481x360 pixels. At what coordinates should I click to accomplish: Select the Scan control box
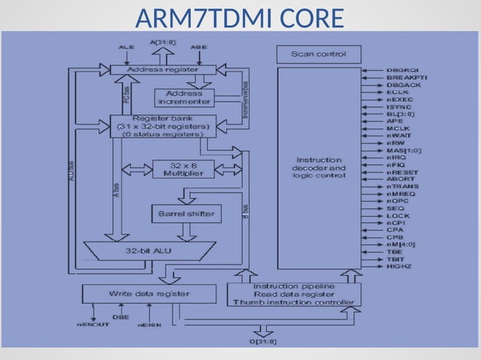pyautogui.click(x=319, y=54)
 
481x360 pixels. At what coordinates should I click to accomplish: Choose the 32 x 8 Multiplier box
pyautogui.click(x=183, y=169)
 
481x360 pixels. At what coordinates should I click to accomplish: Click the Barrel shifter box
pyautogui.click(x=185, y=214)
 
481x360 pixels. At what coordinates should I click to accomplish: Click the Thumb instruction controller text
pyautogui.click(x=294, y=303)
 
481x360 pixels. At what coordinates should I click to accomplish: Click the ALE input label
pyautogui.click(x=127, y=47)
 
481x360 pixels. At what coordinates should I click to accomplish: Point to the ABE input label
pyautogui.click(x=199, y=47)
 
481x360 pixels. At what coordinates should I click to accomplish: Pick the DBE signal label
pyautogui.click(x=121, y=317)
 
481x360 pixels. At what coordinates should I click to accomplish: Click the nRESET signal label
pyautogui.click(x=403, y=172)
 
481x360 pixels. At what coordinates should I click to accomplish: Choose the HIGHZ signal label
pyautogui.click(x=399, y=266)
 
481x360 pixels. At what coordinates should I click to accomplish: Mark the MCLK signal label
pyautogui.click(x=398, y=129)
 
